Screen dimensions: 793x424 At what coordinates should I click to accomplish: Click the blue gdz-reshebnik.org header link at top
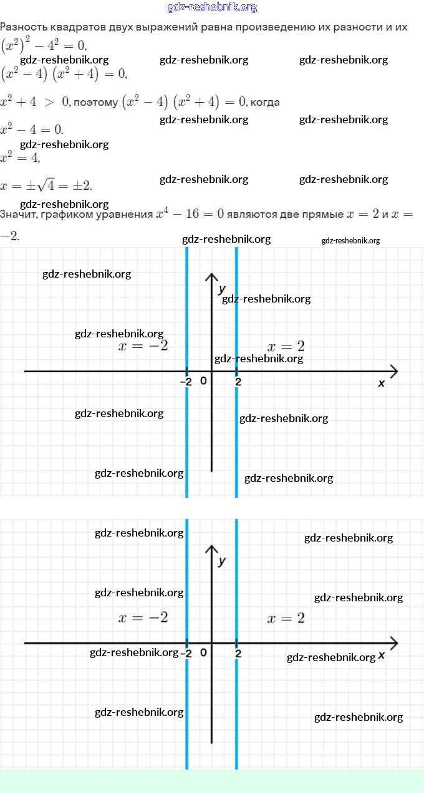click(212, 7)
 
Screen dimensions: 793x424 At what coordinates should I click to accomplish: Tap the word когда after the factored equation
click(265, 102)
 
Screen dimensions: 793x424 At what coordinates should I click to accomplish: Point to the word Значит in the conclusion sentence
click(19, 214)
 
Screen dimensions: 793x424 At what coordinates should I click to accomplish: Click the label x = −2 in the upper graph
click(143, 346)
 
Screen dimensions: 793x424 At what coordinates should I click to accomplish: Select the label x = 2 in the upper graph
click(286, 346)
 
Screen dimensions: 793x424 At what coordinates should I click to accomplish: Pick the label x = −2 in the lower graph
click(143, 617)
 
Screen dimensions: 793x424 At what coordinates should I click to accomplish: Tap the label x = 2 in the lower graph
click(286, 617)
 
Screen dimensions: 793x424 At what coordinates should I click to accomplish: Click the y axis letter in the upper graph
click(222, 289)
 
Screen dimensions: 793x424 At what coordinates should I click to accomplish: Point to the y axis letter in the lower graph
click(222, 561)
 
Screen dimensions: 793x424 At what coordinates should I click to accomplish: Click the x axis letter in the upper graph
click(382, 383)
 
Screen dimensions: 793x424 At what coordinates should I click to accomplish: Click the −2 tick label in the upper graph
click(186, 382)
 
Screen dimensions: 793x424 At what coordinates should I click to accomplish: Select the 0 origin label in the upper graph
click(203, 380)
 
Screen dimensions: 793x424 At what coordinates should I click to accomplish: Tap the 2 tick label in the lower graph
click(238, 654)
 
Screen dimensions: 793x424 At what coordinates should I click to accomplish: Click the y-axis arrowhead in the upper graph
click(212, 276)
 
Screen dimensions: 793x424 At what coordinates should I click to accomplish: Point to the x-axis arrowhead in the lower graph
click(393, 643)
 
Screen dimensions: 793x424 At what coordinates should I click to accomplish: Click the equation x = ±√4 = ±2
click(47, 185)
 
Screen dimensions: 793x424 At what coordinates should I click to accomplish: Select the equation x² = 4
click(21, 157)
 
